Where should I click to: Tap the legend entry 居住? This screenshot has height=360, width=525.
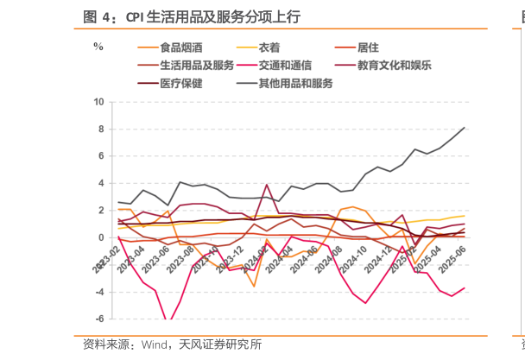pos(366,47)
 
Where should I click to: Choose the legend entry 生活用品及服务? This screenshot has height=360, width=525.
pos(197,66)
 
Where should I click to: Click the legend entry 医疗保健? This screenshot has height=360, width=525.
pos(181,84)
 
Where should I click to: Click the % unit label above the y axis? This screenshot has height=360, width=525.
pos(98,47)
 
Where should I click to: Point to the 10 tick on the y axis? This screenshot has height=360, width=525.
pos(98,102)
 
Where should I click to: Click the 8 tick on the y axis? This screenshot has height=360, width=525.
pos(101,129)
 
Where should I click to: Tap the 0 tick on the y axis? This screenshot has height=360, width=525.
pos(101,237)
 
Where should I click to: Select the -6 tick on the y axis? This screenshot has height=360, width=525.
pos(99,319)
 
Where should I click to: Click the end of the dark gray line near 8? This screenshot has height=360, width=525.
pos(465,128)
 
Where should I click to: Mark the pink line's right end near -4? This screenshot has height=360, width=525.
pos(465,288)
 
